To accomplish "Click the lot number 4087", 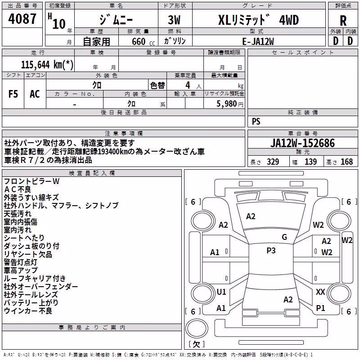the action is click(22, 19).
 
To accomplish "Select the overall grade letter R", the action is click(343, 21).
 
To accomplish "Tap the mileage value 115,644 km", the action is click(47, 65).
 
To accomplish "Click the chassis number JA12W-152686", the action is click(302, 143).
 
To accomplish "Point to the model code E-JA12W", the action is click(258, 41).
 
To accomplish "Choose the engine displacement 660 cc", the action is click(143, 41).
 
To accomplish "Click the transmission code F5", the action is click(13, 94).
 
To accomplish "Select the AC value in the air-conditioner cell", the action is click(35, 94).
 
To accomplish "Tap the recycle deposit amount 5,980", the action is click(227, 104).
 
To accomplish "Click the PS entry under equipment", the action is click(256, 121).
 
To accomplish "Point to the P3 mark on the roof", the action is click(271, 251).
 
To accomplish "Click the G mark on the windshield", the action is click(284, 237).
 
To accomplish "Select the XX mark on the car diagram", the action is click(320, 292).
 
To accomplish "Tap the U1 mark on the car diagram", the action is click(221, 292).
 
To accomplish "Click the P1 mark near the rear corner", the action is click(320, 308).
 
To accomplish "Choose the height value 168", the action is click(346, 162).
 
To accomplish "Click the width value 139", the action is click(310, 162).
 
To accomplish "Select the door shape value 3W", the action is click(174, 20).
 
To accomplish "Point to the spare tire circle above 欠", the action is click(197, 328).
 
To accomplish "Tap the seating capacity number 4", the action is click(188, 85).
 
